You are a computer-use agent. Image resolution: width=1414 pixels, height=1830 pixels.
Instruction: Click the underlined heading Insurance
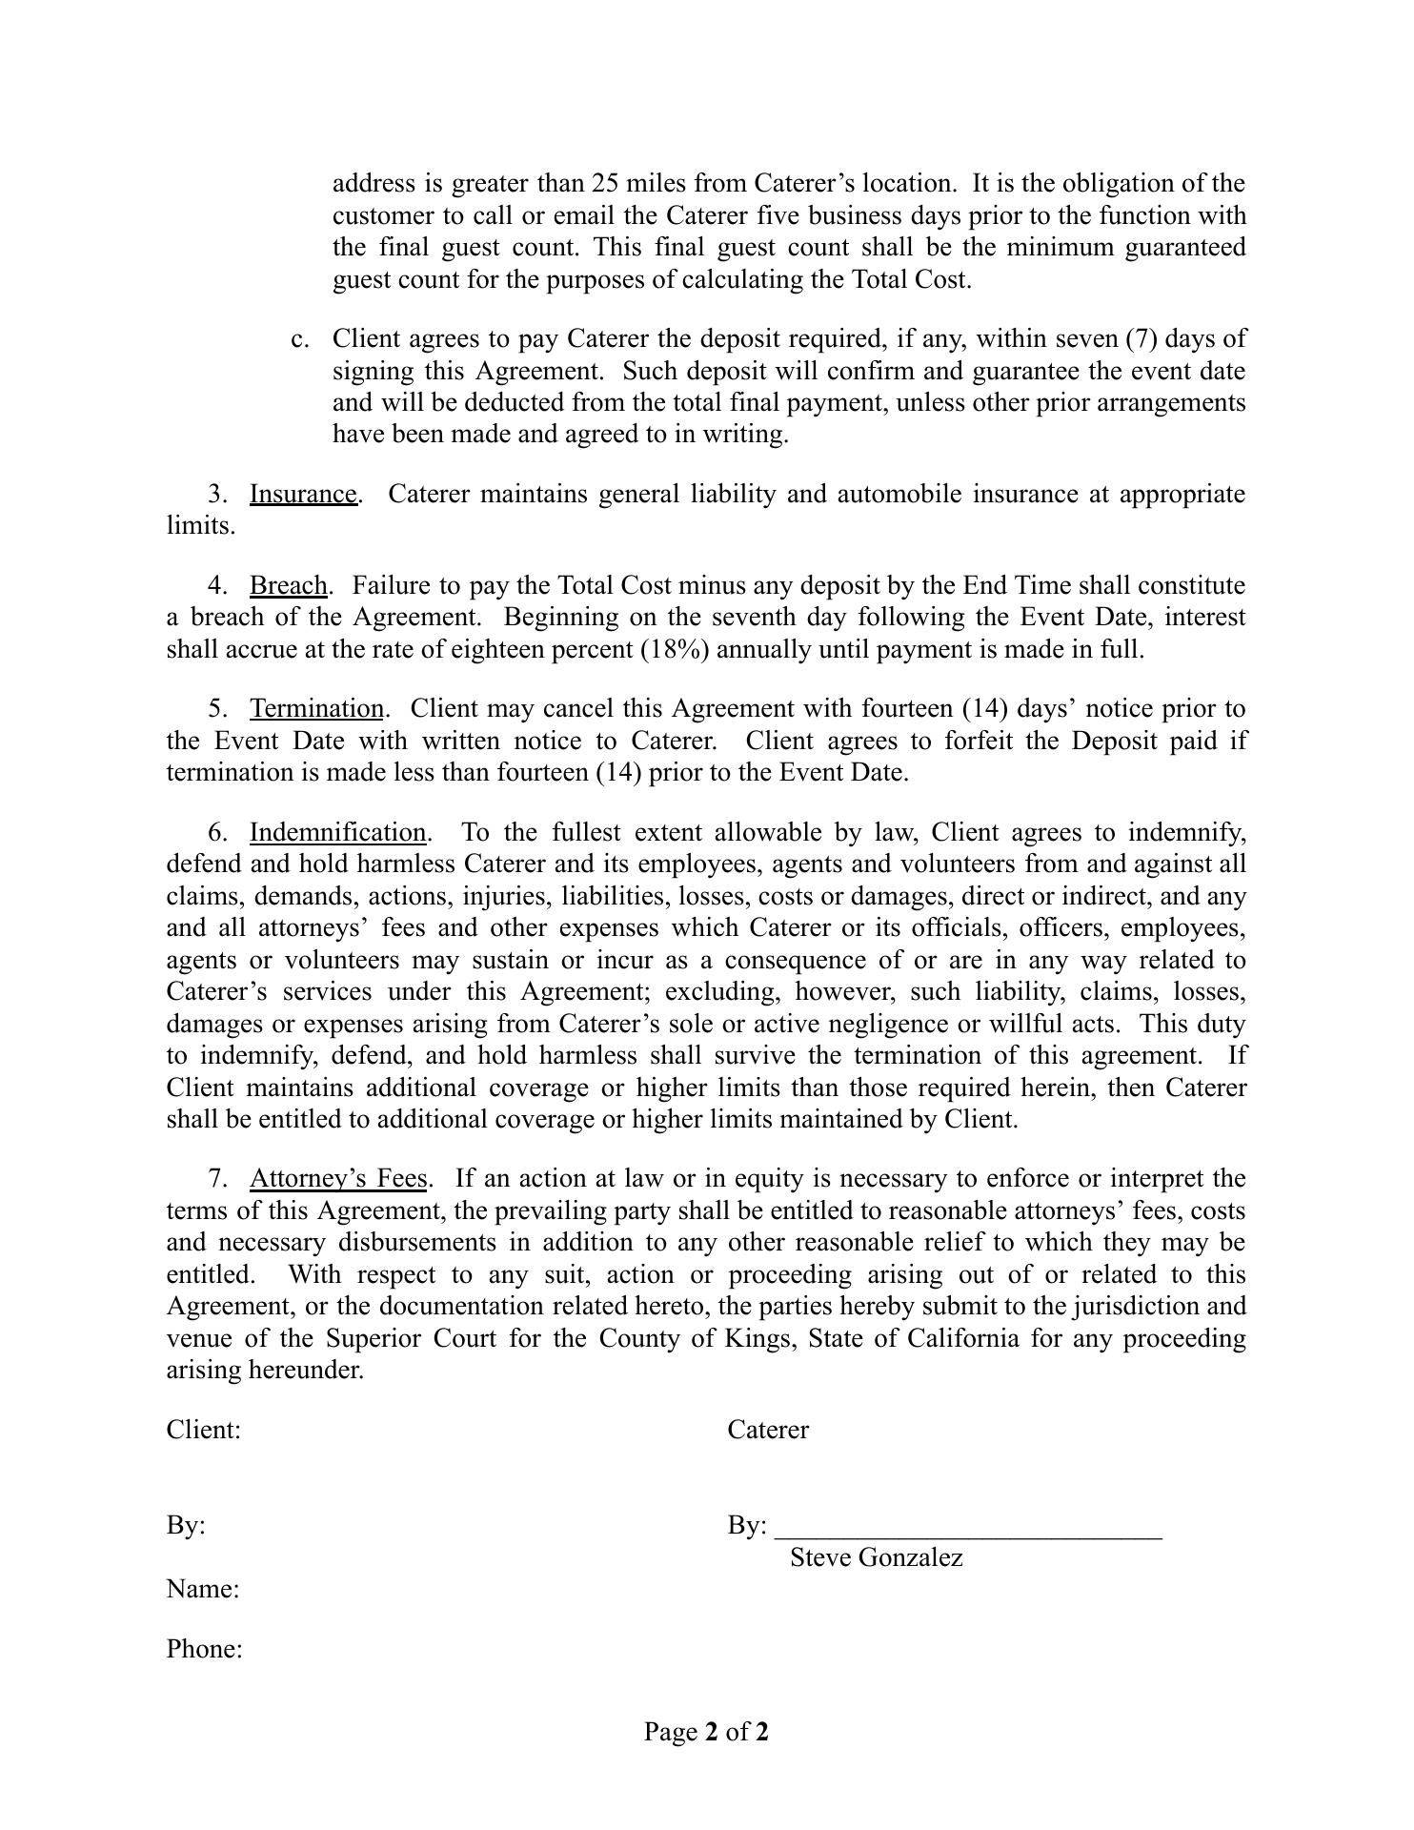pos(303,495)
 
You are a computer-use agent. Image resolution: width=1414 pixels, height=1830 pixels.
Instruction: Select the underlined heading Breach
pos(288,585)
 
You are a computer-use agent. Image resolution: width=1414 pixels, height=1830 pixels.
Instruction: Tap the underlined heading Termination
pos(316,709)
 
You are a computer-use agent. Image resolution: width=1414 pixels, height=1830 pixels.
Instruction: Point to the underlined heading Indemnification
pos(337,833)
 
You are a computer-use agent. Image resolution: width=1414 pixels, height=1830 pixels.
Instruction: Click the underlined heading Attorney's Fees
pos(337,1179)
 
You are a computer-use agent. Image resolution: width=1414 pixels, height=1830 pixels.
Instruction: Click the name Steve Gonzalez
pos(876,1558)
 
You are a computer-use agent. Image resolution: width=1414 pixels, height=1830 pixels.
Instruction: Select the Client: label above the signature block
pos(203,1431)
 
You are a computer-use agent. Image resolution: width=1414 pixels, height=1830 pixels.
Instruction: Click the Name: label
pos(202,1590)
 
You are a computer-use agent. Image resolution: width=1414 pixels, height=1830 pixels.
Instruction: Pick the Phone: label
pos(204,1650)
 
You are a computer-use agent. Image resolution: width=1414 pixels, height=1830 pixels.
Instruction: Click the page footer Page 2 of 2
pos(706,1732)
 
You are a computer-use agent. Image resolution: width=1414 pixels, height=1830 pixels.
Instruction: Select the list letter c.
pos(299,339)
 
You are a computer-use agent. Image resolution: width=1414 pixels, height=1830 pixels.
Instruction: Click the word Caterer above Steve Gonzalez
pos(767,1431)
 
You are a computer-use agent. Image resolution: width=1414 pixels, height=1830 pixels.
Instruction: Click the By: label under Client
pos(186,1526)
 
